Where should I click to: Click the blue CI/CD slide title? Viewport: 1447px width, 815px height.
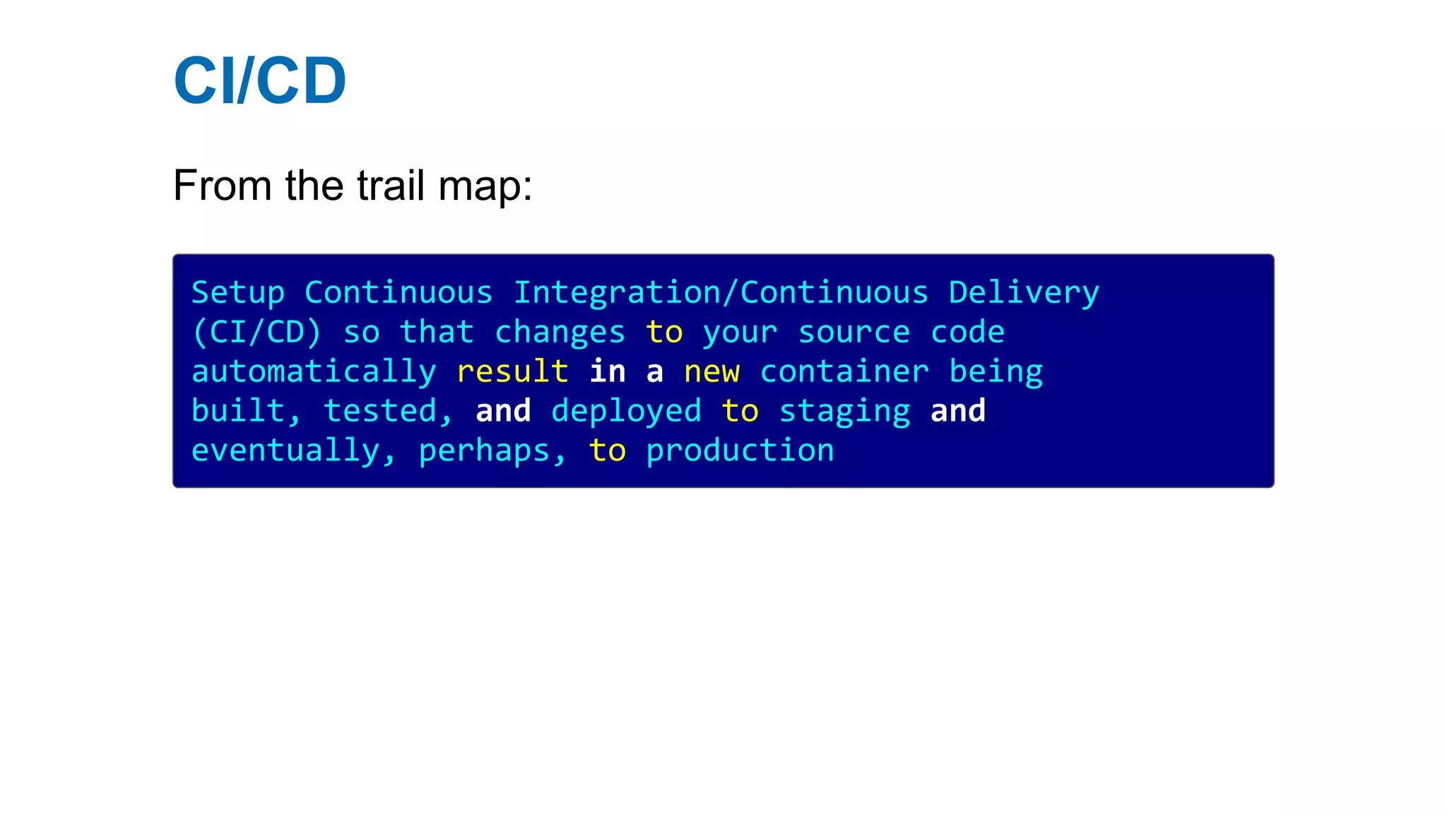[x=259, y=81]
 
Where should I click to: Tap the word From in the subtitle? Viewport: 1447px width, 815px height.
[x=222, y=186]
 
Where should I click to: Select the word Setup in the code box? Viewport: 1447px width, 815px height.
[x=238, y=293]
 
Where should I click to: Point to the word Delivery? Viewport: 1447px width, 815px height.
[x=1023, y=293]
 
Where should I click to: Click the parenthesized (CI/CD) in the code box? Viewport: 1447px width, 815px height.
[x=256, y=333]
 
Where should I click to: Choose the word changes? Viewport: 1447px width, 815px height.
[x=560, y=333]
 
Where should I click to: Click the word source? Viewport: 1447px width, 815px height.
[x=854, y=333]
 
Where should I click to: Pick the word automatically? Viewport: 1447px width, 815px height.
[x=314, y=372]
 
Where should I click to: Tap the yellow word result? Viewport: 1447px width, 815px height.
[x=512, y=372]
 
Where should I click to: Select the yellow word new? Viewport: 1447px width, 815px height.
[x=711, y=372]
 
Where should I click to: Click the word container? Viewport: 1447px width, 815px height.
[x=844, y=372]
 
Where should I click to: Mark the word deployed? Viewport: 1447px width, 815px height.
[x=626, y=412]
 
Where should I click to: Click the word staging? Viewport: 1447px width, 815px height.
[x=844, y=412]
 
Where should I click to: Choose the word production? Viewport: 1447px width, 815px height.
[x=740, y=451]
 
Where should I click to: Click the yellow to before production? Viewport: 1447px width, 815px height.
[x=607, y=451]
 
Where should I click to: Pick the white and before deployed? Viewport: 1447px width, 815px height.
[x=503, y=412]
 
